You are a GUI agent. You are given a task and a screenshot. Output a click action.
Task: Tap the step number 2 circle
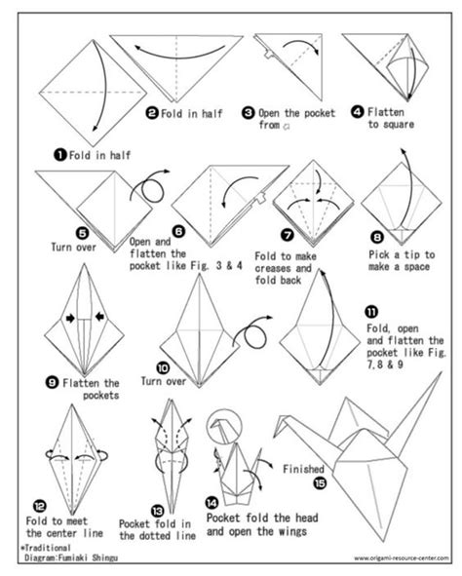(x=152, y=113)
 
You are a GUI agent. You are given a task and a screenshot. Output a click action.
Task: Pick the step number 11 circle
(x=371, y=312)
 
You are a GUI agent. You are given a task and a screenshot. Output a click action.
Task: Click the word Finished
(x=303, y=467)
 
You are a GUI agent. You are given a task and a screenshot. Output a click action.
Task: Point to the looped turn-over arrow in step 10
(x=255, y=336)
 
